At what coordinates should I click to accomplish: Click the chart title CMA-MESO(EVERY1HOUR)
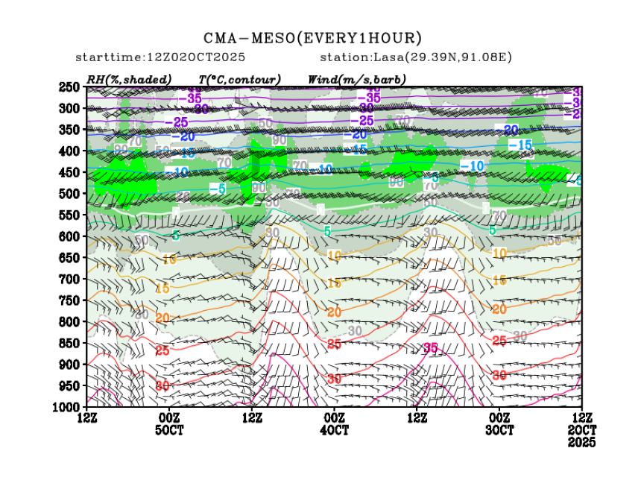(x=313, y=38)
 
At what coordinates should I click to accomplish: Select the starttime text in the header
(x=160, y=57)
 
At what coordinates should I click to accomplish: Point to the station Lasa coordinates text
(x=416, y=57)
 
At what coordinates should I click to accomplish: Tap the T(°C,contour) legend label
(x=239, y=79)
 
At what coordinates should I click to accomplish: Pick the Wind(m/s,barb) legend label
(x=356, y=79)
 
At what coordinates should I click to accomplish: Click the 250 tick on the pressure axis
(x=69, y=87)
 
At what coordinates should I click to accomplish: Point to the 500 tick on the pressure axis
(x=69, y=194)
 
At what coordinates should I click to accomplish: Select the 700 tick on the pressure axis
(x=69, y=279)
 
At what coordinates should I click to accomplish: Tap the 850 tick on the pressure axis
(x=69, y=343)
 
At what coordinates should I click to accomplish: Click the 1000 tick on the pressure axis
(x=67, y=407)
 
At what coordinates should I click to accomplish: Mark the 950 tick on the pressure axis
(x=69, y=385)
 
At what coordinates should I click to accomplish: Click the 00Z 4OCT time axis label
(x=335, y=424)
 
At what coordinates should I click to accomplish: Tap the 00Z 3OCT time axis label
(x=499, y=424)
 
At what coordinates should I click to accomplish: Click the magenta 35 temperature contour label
(x=430, y=348)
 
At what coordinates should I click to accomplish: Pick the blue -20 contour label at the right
(x=510, y=130)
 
